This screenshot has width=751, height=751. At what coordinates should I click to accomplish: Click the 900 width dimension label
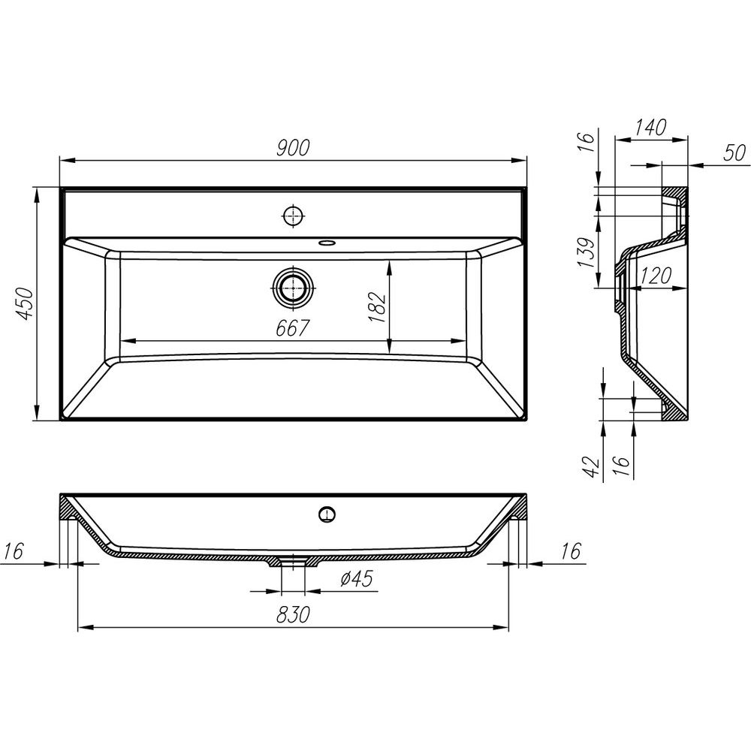pyautogui.click(x=293, y=147)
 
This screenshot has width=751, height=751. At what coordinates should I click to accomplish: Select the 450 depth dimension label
pyautogui.click(x=24, y=303)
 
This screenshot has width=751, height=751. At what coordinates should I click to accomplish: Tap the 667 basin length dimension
pyautogui.click(x=293, y=328)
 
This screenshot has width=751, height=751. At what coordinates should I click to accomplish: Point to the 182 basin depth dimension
pyautogui.click(x=377, y=306)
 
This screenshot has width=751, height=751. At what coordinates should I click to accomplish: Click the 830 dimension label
pyautogui.click(x=293, y=614)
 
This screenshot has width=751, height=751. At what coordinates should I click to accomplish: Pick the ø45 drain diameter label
pyautogui.click(x=356, y=578)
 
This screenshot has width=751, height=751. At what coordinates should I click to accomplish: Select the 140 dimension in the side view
pyautogui.click(x=650, y=128)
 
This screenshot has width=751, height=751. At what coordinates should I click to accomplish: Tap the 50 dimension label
pyautogui.click(x=734, y=153)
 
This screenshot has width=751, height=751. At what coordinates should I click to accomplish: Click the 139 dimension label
pyautogui.click(x=587, y=252)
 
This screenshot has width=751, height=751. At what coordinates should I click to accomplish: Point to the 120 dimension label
pyautogui.click(x=656, y=276)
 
